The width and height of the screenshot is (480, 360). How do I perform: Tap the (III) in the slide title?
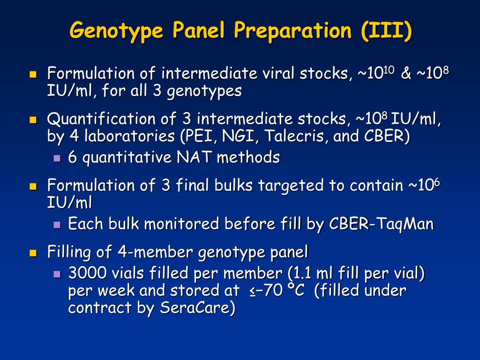click(x=387, y=30)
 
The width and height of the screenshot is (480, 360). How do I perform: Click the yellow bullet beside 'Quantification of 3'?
click(x=33, y=120)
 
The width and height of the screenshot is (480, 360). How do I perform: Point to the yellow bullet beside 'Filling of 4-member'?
click(x=33, y=253)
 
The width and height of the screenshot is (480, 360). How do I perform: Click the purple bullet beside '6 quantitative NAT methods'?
click(x=57, y=158)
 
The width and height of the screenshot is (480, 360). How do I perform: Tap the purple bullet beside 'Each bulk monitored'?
click(x=57, y=225)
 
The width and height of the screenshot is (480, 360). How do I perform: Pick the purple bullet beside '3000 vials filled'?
click(x=57, y=274)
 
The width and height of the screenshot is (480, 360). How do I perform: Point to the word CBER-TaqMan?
click(x=382, y=224)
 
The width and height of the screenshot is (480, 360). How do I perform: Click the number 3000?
click(x=87, y=273)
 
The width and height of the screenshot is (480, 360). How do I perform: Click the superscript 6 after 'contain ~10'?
click(x=437, y=182)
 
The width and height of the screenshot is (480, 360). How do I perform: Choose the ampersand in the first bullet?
click(x=405, y=74)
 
